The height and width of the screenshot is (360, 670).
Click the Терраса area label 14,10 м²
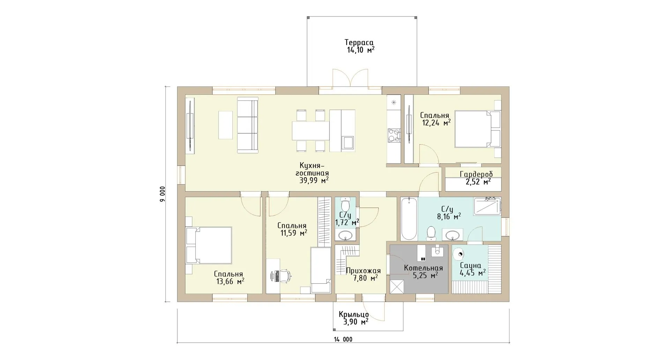click(x=360, y=50)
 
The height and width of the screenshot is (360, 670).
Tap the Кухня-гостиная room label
click(x=312, y=169)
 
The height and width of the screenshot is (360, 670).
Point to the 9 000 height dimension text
click(x=163, y=195)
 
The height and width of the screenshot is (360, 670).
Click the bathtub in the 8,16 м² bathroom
click(x=408, y=218)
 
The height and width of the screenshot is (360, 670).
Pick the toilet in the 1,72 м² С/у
click(x=345, y=204)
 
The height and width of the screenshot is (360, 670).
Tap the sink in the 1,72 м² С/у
click(x=345, y=235)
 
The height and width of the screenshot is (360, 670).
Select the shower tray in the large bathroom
click(x=487, y=206)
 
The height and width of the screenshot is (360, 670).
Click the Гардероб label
click(x=476, y=174)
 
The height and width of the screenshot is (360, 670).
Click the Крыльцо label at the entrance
click(x=353, y=314)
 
